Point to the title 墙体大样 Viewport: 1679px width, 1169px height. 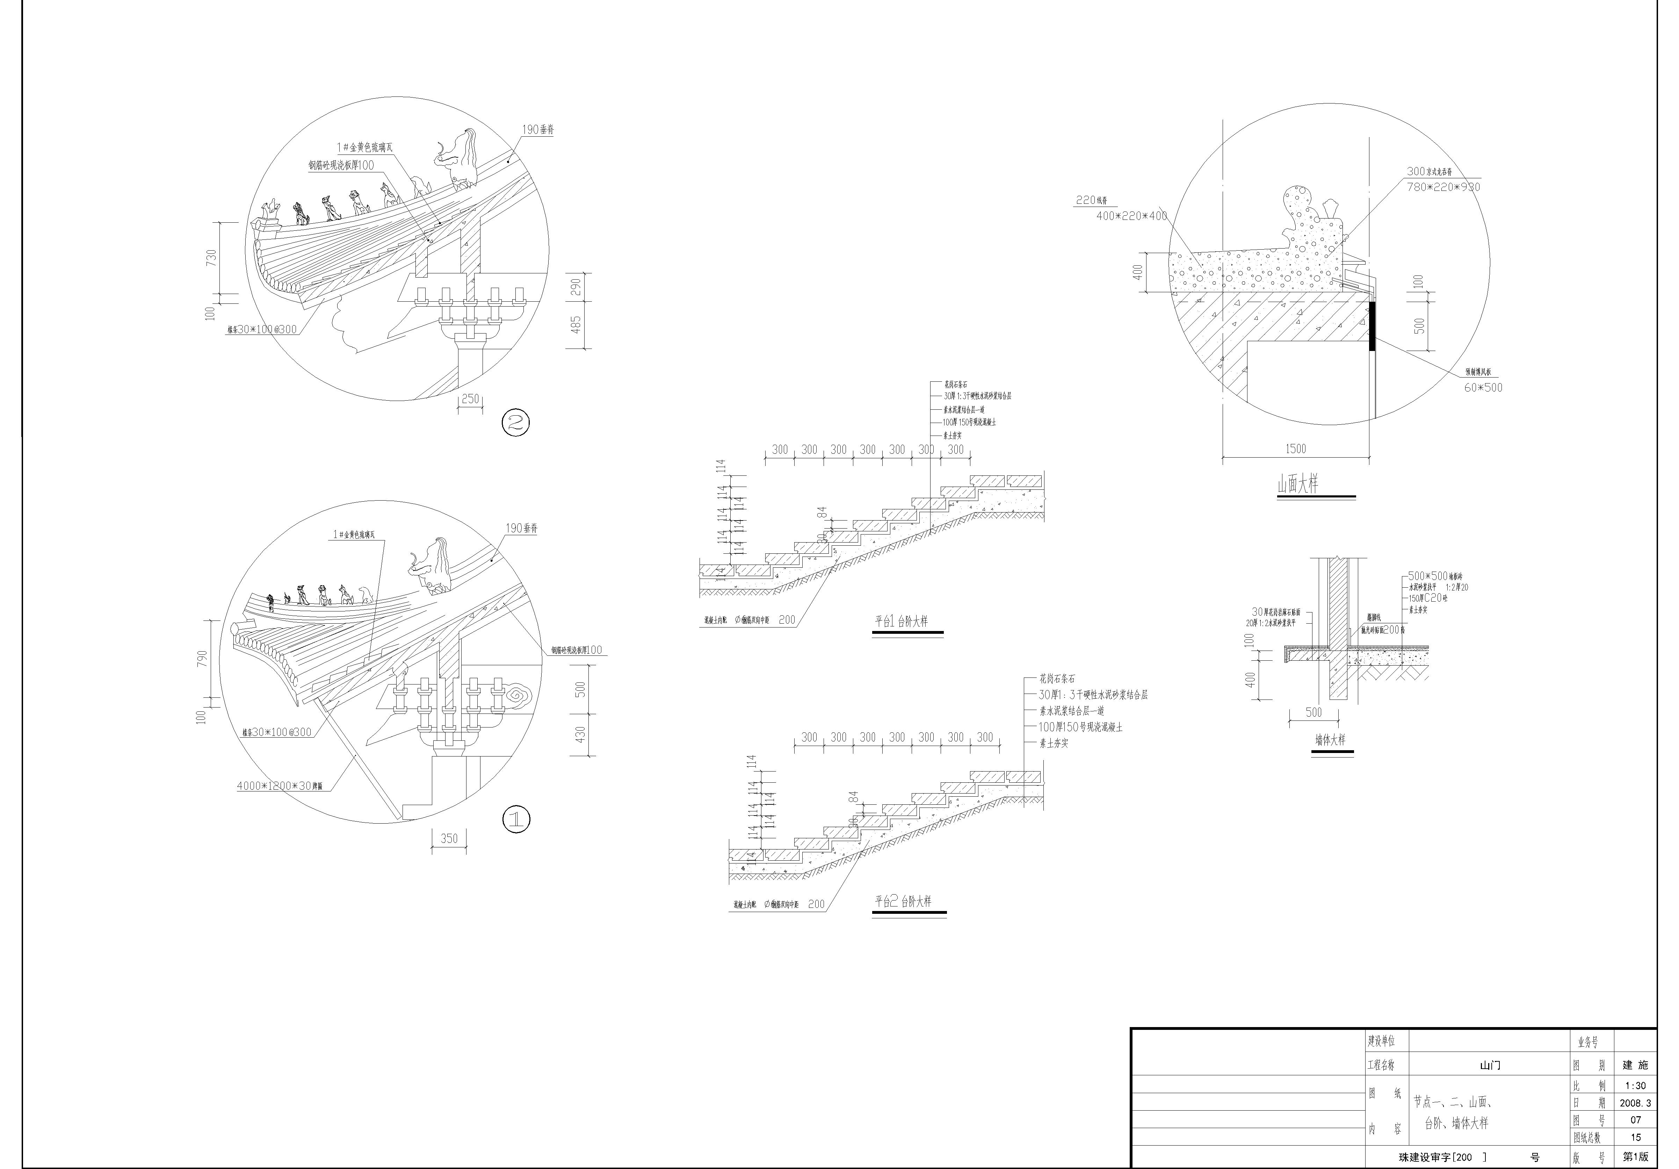click(x=1330, y=740)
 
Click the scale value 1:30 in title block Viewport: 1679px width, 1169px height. click(x=1636, y=1086)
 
